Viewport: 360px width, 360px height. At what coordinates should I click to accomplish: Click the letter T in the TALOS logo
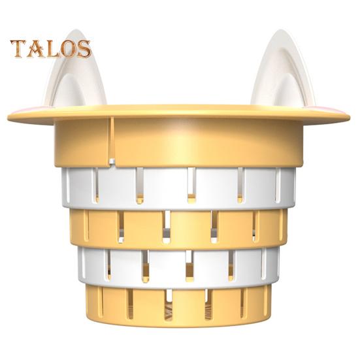(x=19, y=48)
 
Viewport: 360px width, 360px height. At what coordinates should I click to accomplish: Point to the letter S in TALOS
(x=83, y=49)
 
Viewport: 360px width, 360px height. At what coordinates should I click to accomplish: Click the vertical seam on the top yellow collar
(x=112, y=138)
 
